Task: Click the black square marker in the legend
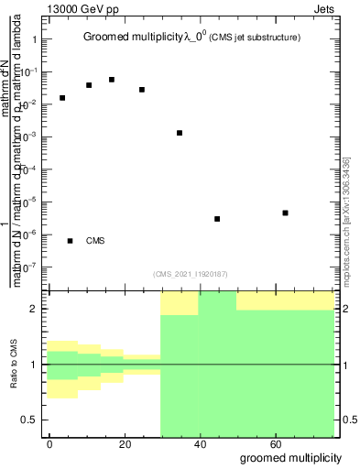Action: click(70, 241)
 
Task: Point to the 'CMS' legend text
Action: click(95, 241)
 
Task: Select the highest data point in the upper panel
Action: click(112, 80)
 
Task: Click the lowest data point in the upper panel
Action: click(217, 219)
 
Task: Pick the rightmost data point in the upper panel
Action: click(286, 213)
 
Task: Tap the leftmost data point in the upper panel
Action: click(62, 97)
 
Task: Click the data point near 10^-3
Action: click(180, 133)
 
